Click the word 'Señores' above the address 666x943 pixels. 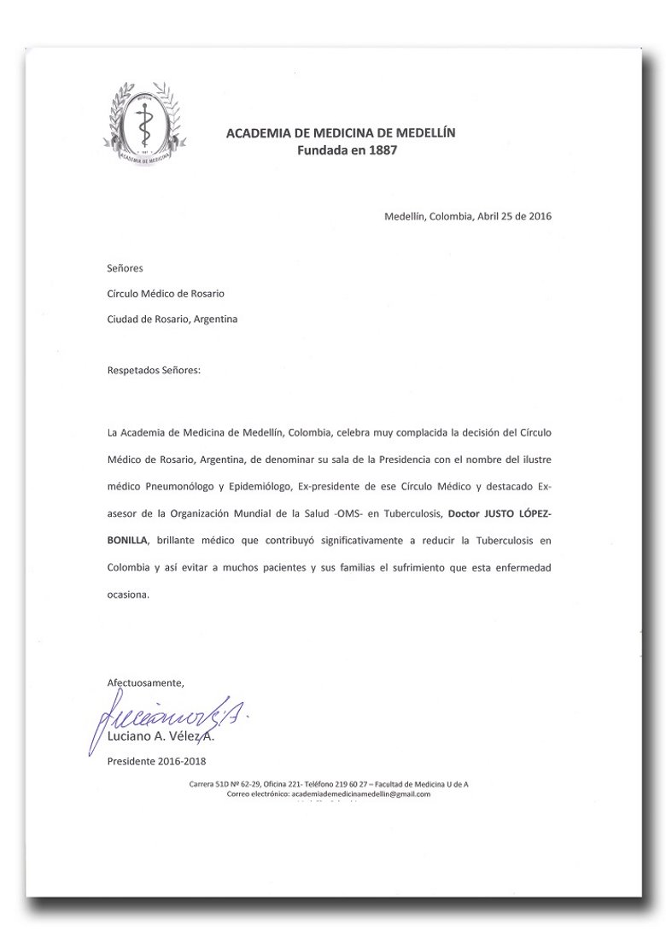(126, 268)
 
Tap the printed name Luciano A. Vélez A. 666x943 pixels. (161, 735)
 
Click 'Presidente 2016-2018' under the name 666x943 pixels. (156, 761)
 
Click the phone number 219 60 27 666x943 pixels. (350, 784)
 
